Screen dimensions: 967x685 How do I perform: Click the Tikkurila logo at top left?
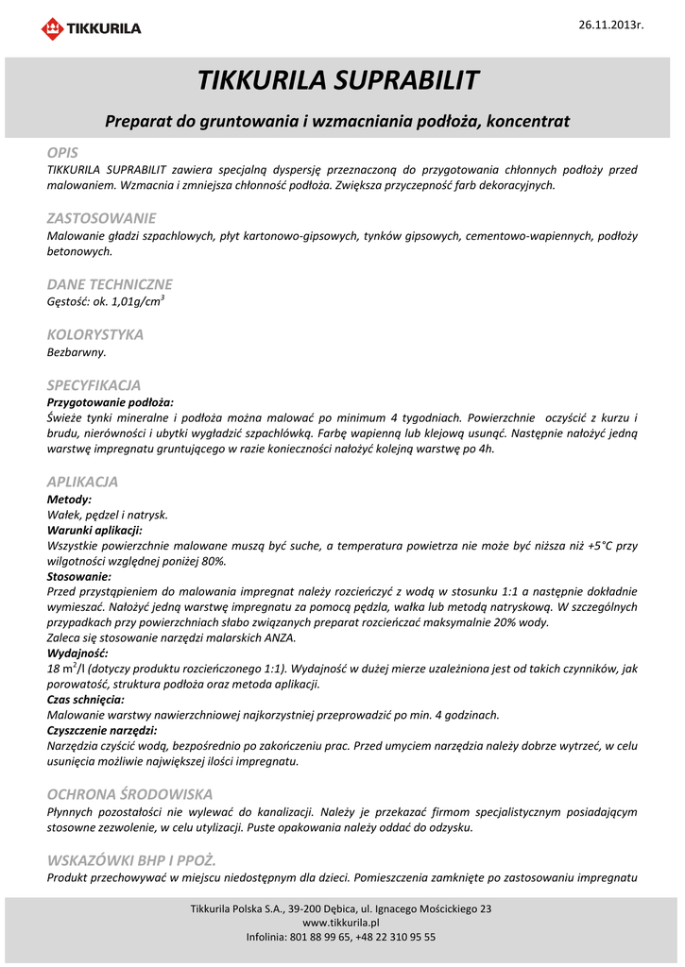pos(91,28)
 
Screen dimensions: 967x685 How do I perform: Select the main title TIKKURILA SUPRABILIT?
pos(338,80)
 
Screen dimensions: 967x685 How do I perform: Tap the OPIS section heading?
pos(63,152)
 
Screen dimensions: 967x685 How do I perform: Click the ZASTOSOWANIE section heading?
pos(101,218)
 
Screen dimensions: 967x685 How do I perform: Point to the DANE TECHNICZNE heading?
pos(110,284)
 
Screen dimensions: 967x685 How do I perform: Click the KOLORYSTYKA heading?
pos(95,334)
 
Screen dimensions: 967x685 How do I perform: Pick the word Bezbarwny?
pos(77,352)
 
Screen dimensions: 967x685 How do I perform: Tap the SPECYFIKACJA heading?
pos(94,385)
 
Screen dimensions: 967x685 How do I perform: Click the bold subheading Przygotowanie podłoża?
pos(111,402)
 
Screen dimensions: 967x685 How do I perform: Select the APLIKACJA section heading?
pos(83,482)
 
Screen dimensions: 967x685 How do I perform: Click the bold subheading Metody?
pos(69,499)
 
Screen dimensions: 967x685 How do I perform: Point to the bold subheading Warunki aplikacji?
pos(94,530)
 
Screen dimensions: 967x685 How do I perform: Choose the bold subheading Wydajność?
pos(77,653)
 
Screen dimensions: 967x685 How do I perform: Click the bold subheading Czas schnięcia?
pos(85,700)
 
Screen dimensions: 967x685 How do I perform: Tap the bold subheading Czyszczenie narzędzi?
pos(102,730)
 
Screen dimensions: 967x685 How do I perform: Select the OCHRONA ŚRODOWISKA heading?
pos(130,794)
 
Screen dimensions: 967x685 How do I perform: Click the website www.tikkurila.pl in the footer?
pos(341,923)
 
